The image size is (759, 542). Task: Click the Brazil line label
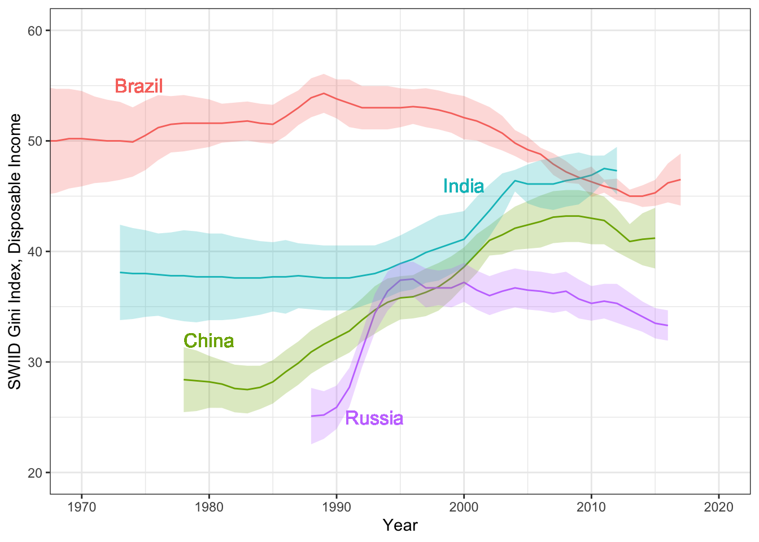(x=138, y=86)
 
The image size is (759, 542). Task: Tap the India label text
(x=463, y=186)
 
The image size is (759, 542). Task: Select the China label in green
(x=209, y=341)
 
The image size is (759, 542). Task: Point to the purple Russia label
(x=374, y=418)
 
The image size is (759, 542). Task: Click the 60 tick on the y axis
(x=35, y=30)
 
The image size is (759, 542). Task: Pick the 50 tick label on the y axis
(x=35, y=141)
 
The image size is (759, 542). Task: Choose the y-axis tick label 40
(x=35, y=251)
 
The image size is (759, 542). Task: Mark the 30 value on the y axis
(x=35, y=362)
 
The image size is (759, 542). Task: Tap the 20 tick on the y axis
(x=35, y=473)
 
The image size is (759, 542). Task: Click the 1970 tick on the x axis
(x=81, y=506)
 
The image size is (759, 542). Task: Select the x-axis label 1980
(x=209, y=506)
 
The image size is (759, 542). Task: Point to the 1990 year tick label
(x=337, y=506)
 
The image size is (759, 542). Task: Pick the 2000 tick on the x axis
(x=464, y=506)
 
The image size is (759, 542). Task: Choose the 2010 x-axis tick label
(x=591, y=506)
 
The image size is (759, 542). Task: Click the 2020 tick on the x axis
(x=719, y=506)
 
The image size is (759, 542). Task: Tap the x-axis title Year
(x=400, y=525)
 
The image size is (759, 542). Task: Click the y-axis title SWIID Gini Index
(x=15, y=251)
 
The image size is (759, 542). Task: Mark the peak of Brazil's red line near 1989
(x=324, y=93)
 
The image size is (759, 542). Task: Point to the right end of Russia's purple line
(x=668, y=325)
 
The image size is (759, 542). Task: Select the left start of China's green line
(x=184, y=379)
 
